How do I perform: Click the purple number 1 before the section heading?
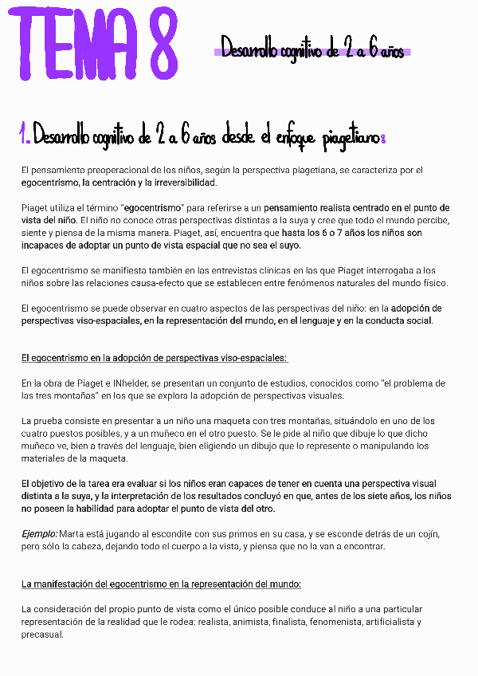[25, 136]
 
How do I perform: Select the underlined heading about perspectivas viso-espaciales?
[155, 358]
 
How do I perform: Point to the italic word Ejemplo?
[39, 533]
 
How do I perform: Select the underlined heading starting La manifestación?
[161, 584]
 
